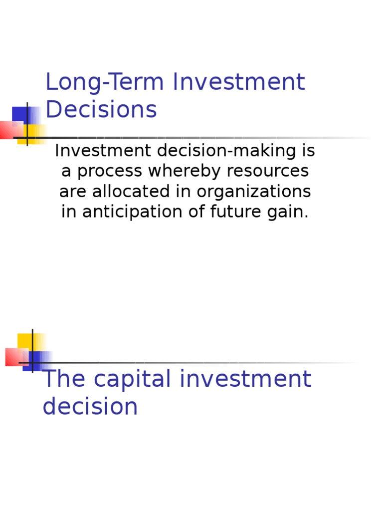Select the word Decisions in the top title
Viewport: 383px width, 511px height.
101,110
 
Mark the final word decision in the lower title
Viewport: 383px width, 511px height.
90,406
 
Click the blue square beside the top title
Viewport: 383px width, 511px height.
21,116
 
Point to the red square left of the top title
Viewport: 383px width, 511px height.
10,130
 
